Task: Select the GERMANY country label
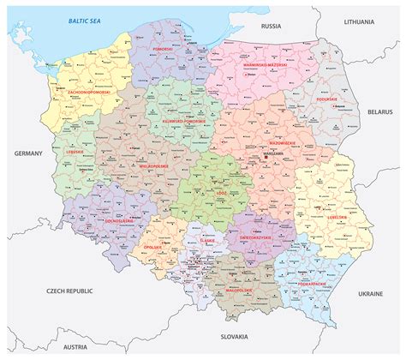(28, 153)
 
